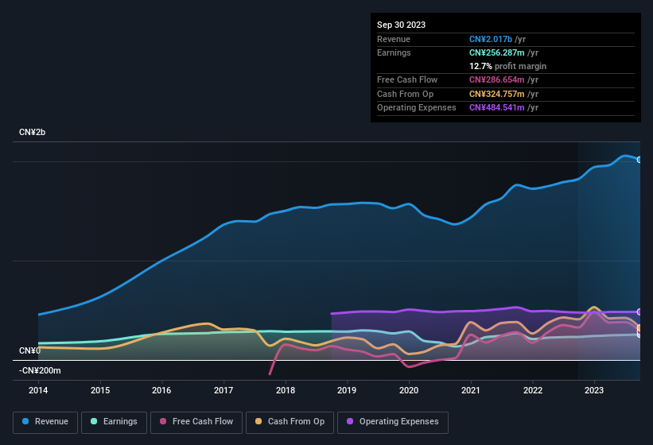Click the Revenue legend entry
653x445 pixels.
click(45, 421)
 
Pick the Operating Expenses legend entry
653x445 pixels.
click(393, 421)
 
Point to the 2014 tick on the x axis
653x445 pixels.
click(38, 390)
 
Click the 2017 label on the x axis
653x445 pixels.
click(223, 390)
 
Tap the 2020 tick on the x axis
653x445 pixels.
click(409, 390)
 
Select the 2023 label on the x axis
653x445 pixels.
click(594, 390)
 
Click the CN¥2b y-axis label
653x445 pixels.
click(33, 132)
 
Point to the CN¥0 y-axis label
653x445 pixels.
click(29, 350)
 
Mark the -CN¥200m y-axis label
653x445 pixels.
click(40, 370)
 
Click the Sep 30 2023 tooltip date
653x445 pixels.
click(401, 25)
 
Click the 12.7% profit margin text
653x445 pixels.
click(507, 66)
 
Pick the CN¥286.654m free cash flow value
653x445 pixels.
click(497, 79)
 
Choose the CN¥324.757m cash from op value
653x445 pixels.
click(497, 94)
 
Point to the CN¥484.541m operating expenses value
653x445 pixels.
click(497, 107)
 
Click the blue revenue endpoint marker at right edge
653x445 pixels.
click(639, 160)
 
